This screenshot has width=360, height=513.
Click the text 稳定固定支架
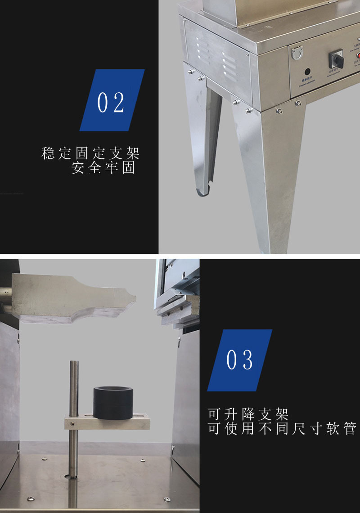[90, 153]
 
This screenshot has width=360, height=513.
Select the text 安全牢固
[103, 168]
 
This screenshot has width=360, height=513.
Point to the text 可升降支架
[248, 414]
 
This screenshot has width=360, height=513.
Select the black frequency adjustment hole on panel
[308, 72]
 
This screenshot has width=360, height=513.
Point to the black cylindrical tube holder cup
[112, 403]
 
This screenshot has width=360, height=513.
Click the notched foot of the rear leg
[203, 191]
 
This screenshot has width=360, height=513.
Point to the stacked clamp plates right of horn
[178, 310]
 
